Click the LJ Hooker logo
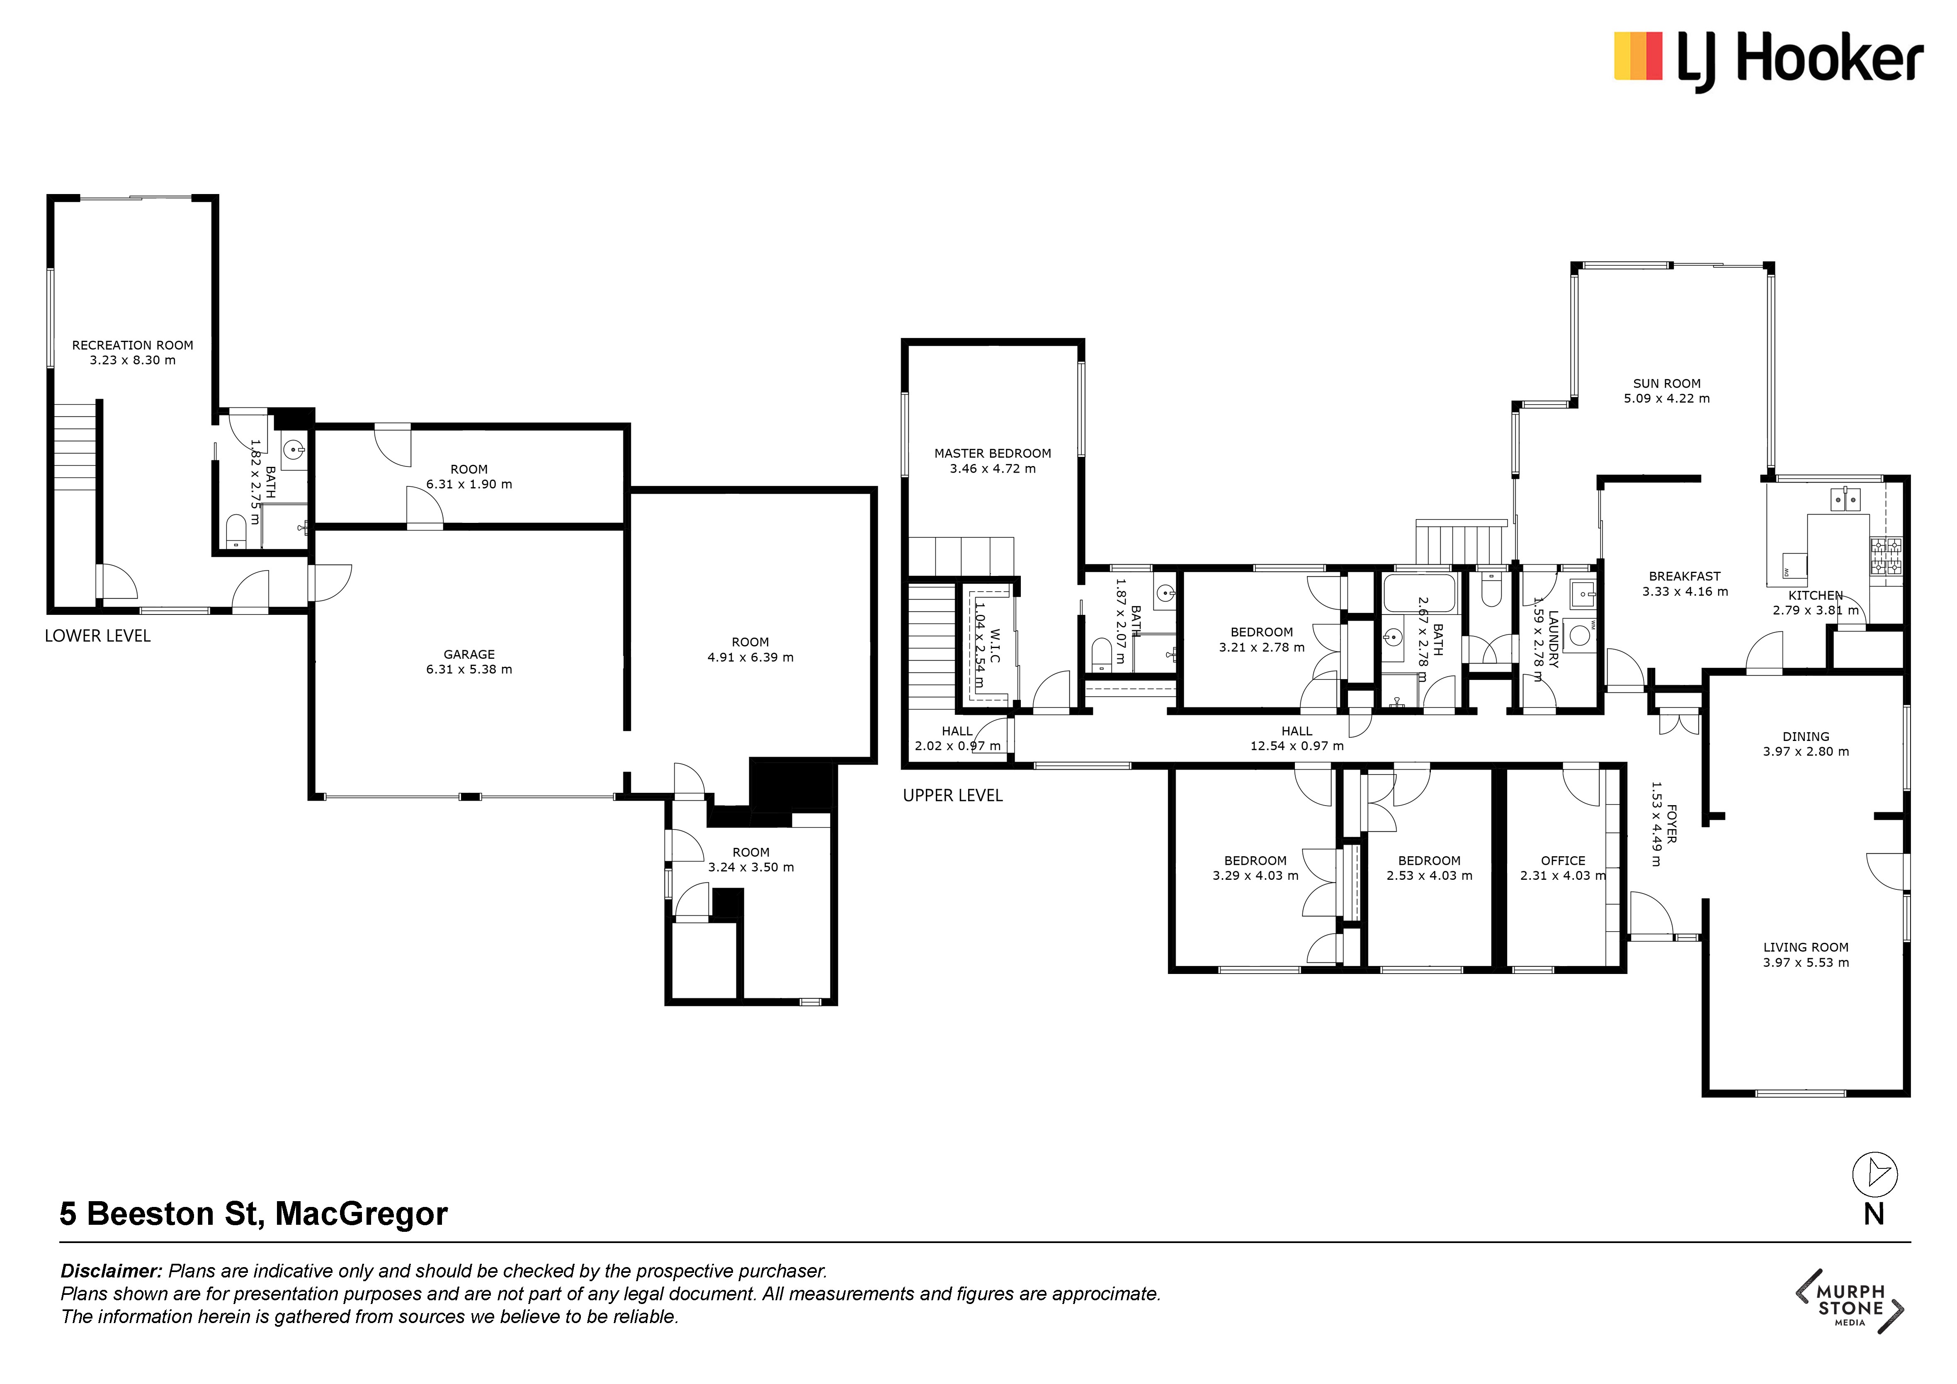coord(1769,60)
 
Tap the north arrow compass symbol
coord(1874,1174)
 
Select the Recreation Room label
coord(132,345)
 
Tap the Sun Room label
coord(1666,384)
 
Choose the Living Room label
coord(1805,947)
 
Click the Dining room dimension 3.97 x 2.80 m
coord(1805,752)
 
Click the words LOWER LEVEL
coord(97,636)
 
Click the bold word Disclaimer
coord(111,1271)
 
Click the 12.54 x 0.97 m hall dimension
coord(1297,745)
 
